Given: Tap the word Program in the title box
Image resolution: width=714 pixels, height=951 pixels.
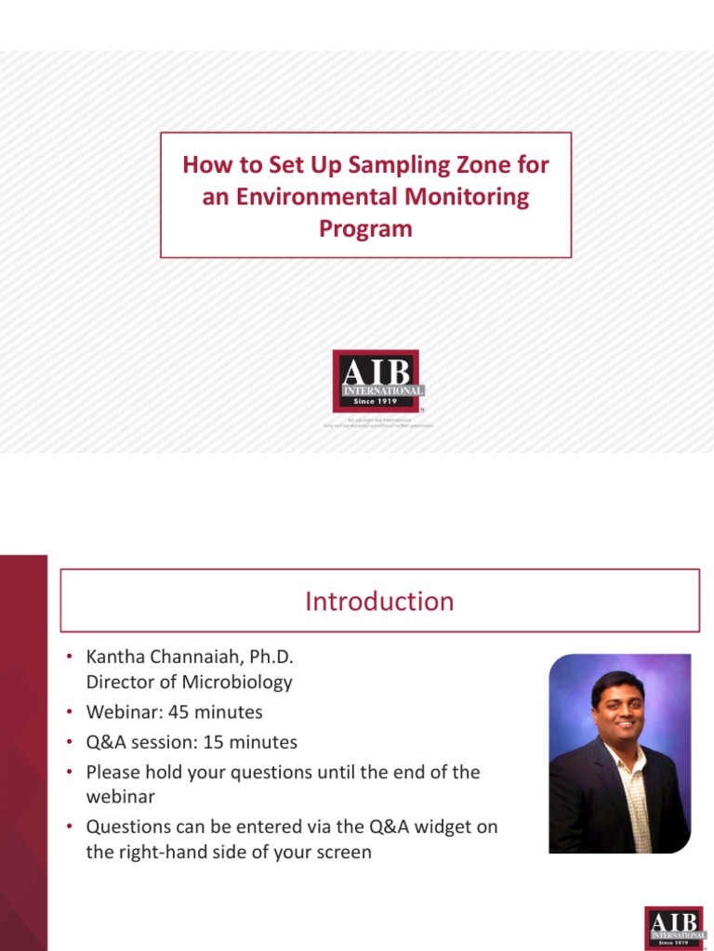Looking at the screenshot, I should (365, 228).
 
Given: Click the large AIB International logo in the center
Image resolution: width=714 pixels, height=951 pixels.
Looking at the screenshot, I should (377, 381).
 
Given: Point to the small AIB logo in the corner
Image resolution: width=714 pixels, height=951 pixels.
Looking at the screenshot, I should (674, 926).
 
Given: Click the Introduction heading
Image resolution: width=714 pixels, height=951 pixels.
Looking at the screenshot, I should (379, 601).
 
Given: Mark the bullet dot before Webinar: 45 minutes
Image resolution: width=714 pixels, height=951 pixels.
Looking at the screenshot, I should (69, 712).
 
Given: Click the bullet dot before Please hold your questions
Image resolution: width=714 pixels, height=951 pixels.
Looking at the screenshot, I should (69, 772).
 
